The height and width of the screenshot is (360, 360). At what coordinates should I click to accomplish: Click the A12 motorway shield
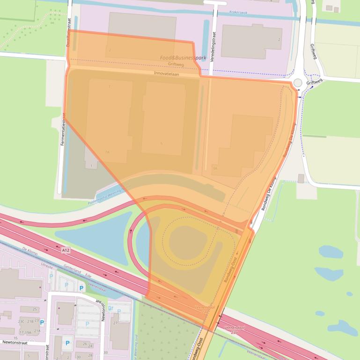(66, 251)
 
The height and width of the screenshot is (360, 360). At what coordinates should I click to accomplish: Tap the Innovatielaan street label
(167, 73)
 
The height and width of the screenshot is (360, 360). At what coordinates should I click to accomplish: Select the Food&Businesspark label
(183, 58)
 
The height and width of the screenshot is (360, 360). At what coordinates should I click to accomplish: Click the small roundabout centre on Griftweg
(298, 83)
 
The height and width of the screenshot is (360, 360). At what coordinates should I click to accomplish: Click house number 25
(35, 309)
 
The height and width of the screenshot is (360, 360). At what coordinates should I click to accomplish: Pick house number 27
(115, 323)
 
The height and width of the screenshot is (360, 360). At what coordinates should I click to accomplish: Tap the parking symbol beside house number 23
(42, 322)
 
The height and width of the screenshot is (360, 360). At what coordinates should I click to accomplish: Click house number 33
(105, 353)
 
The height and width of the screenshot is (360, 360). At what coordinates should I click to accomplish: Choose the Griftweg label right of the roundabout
(314, 82)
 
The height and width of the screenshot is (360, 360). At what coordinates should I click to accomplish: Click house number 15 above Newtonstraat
(15, 338)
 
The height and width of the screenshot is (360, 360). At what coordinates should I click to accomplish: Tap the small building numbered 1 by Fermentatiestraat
(91, 166)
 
